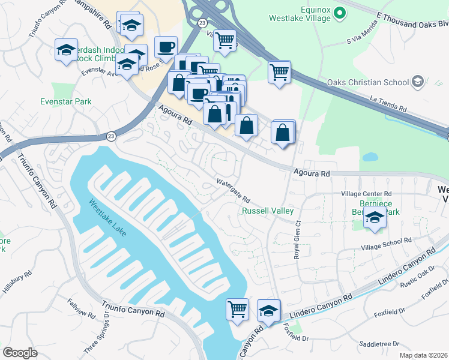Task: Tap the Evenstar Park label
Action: tap(66, 101)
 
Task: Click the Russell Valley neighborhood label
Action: tap(268, 211)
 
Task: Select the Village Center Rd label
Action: tap(366, 194)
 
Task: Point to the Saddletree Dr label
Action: tap(379, 344)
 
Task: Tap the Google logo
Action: tap(20, 353)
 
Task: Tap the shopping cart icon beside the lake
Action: tap(237, 310)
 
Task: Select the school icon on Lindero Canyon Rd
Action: tap(268, 310)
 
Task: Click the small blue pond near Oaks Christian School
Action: tap(370, 157)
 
